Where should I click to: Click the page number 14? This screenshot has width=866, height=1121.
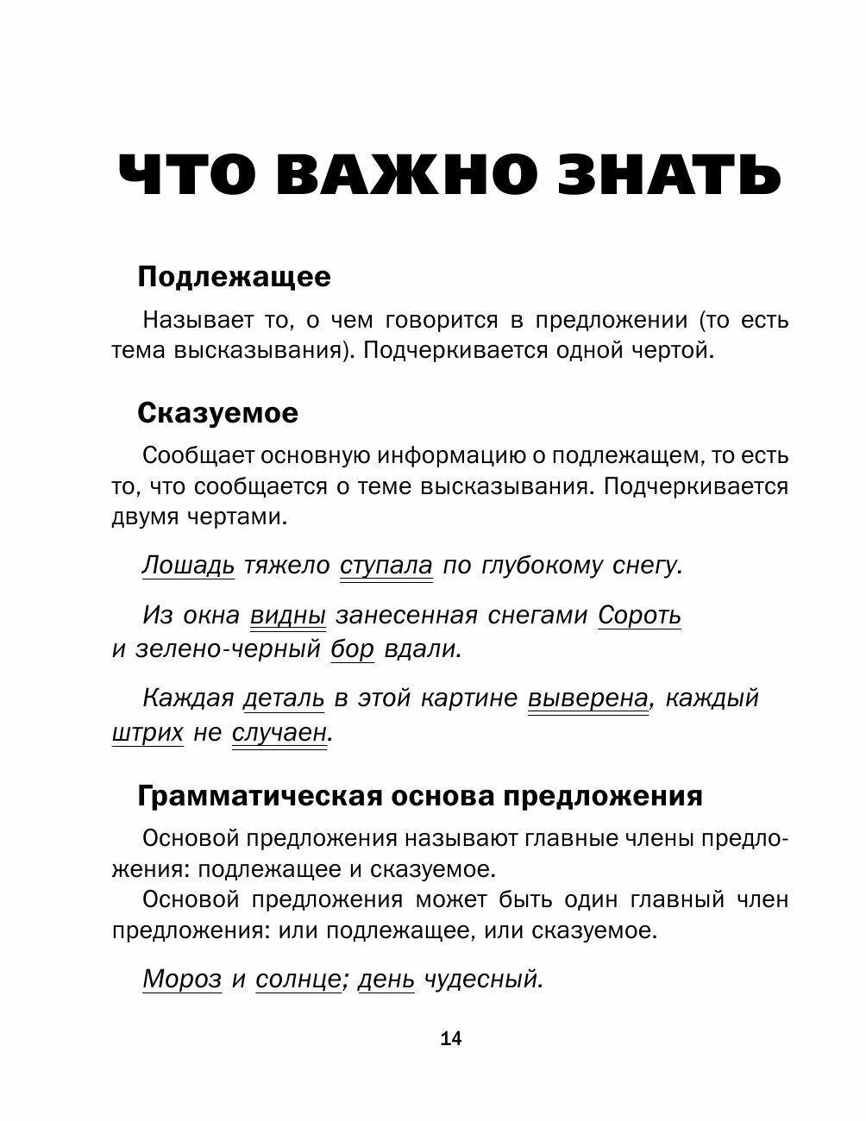point(451,1038)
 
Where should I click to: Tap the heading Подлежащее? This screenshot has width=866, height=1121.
point(234,277)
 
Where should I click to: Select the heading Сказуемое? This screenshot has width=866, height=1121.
point(217,413)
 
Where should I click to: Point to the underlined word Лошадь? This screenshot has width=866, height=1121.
point(188,566)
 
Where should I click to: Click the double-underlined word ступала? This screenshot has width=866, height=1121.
point(386,566)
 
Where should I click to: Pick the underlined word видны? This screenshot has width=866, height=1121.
point(288,616)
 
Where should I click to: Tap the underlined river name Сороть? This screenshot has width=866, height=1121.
point(639,616)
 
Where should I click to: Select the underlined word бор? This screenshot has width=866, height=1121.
point(352,648)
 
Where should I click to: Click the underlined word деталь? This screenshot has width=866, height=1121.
point(284,698)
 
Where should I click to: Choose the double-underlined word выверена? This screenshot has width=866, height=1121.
point(587,698)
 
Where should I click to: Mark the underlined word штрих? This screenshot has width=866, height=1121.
point(147,733)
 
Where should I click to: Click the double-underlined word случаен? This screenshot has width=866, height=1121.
point(279,733)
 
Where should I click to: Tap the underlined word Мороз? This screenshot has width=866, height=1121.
point(182,979)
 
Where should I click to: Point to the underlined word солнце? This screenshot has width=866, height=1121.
point(298,979)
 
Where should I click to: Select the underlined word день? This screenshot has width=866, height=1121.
point(386,979)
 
